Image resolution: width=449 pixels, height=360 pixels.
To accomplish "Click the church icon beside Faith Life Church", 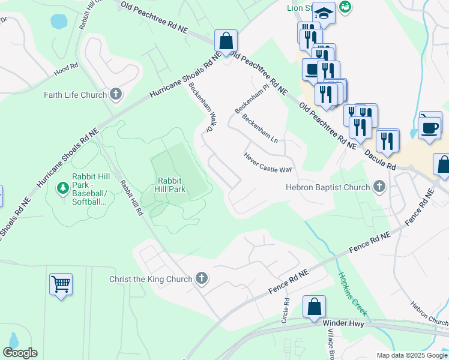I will pos(116,94).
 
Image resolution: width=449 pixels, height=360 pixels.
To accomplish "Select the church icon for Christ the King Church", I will pos(202,278).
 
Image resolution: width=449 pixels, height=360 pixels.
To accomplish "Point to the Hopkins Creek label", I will pos(352,294).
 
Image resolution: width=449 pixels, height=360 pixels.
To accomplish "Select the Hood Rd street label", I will pos(66,66).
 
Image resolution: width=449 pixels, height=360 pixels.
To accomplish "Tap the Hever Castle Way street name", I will pos(268,163).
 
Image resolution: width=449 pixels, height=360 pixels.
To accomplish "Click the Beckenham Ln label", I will pos(260,128).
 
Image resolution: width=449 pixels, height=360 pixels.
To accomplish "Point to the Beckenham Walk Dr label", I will pos(200,107).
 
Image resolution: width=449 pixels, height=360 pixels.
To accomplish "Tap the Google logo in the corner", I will pos(20,353).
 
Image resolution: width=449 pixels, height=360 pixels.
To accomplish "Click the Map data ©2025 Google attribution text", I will pos(412,355).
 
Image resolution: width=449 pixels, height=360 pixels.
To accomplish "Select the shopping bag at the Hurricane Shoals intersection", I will pos(226,42).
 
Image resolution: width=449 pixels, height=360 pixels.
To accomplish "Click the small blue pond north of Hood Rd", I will pos(59,22).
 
